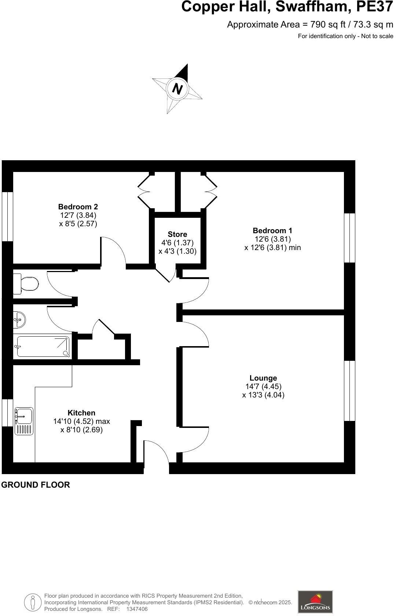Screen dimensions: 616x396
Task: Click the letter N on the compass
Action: pyautogui.click(x=177, y=89)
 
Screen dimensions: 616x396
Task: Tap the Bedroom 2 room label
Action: pyautogui.click(x=78, y=207)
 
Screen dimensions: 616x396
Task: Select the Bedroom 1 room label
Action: pyautogui.click(x=272, y=231)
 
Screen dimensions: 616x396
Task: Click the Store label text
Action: pyautogui.click(x=177, y=234)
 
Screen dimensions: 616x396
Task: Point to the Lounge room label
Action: pyautogui.click(x=263, y=378)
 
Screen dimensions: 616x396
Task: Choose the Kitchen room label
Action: pyautogui.click(x=81, y=413)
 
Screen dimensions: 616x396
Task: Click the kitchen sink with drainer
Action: pyautogui.click(x=24, y=421)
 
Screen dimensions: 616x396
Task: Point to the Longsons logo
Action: pyautogui.click(x=315, y=602)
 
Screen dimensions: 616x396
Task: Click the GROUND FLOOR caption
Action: pyautogui.click(x=36, y=485)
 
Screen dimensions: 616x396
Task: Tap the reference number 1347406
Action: pyautogui.click(x=137, y=609)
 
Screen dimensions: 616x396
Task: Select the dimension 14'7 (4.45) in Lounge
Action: pyautogui.click(x=263, y=386)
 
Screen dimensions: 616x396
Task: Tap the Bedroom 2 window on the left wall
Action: pyautogui.click(x=7, y=216)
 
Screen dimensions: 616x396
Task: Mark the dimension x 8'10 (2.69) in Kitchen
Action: pyautogui.click(x=81, y=430)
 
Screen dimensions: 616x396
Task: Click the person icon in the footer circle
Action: pyautogui.click(x=33, y=602)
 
